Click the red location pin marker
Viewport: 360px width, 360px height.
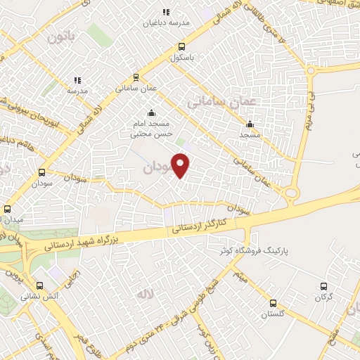181,166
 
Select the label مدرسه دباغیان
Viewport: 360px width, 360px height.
167,22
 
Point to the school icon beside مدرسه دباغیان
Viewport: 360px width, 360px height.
167,11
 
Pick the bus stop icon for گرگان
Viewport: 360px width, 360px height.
323,286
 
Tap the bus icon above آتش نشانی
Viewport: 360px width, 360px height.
39,286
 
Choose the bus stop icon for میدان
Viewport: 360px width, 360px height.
8,209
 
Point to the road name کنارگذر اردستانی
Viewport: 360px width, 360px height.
202,226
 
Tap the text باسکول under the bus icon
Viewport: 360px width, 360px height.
181,59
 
